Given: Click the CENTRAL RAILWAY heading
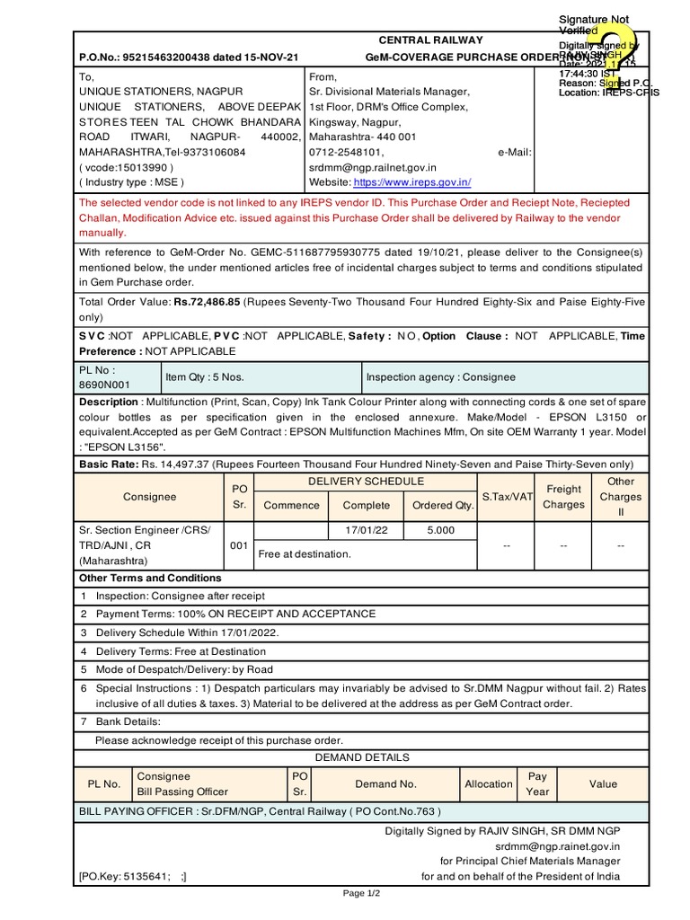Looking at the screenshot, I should pos(430,40).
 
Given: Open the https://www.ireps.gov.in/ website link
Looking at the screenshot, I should pos(412,181).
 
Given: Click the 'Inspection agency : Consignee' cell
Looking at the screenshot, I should pos(440,377).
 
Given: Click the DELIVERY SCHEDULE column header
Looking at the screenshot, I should pos(366,482).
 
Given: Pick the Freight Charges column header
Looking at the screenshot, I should pos(563,497).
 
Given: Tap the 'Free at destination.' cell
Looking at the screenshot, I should pos(305,554).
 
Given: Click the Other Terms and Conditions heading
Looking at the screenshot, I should pos(150,578).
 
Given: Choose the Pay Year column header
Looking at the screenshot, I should pos(537,783).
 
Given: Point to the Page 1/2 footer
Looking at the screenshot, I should pos(362,894).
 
